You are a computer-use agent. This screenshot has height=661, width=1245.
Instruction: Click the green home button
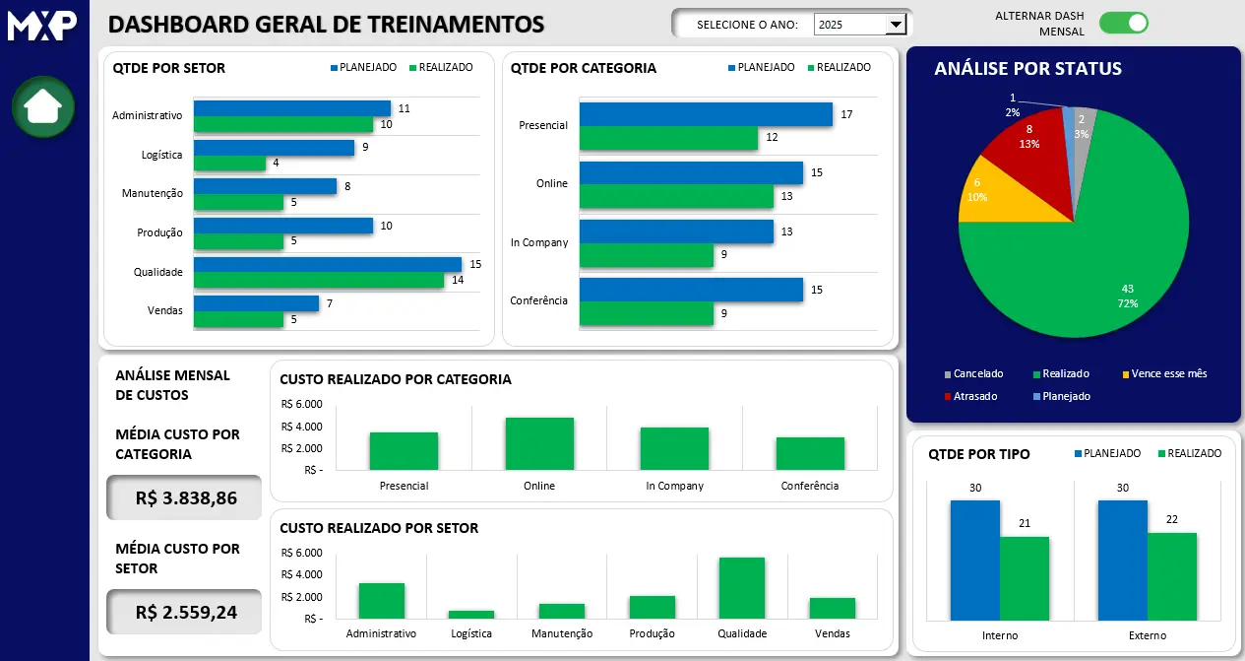pyautogui.click(x=43, y=106)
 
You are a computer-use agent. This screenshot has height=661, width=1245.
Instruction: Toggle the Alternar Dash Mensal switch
pyautogui.click(x=1123, y=23)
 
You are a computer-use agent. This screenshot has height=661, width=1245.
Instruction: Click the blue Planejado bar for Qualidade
pyautogui.click(x=327, y=264)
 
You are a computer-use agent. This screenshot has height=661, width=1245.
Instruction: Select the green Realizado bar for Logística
pyautogui.click(x=229, y=164)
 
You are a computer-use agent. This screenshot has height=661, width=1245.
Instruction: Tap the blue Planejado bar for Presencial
pyautogui.click(x=706, y=114)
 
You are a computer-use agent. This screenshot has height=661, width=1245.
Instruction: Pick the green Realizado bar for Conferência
pyautogui.click(x=646, y=314)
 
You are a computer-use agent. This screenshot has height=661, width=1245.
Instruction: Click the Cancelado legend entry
pyautogui.click(x=973, y=374)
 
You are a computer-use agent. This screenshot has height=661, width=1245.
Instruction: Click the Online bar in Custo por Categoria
pyautogui.click(x=539, y=444)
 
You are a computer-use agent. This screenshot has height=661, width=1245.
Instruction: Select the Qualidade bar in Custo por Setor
pyautogui.click(x=742, y=588)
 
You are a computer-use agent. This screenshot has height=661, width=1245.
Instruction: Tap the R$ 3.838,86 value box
pyautogui.click(x=185, y=497)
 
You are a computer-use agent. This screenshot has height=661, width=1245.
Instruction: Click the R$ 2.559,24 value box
pyautogui.click(x=185, y=612)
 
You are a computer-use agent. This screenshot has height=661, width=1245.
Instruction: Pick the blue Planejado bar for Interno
pyautogui.click(x=974, y=560)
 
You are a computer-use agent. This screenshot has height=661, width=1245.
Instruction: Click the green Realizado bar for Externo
pyautogui.click(x=1172, y=576)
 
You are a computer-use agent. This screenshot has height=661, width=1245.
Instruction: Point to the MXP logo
pyautogui.click(x=42, y=26)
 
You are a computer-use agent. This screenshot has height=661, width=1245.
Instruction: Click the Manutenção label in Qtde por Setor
pyautogui.click(x=153, y=194)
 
